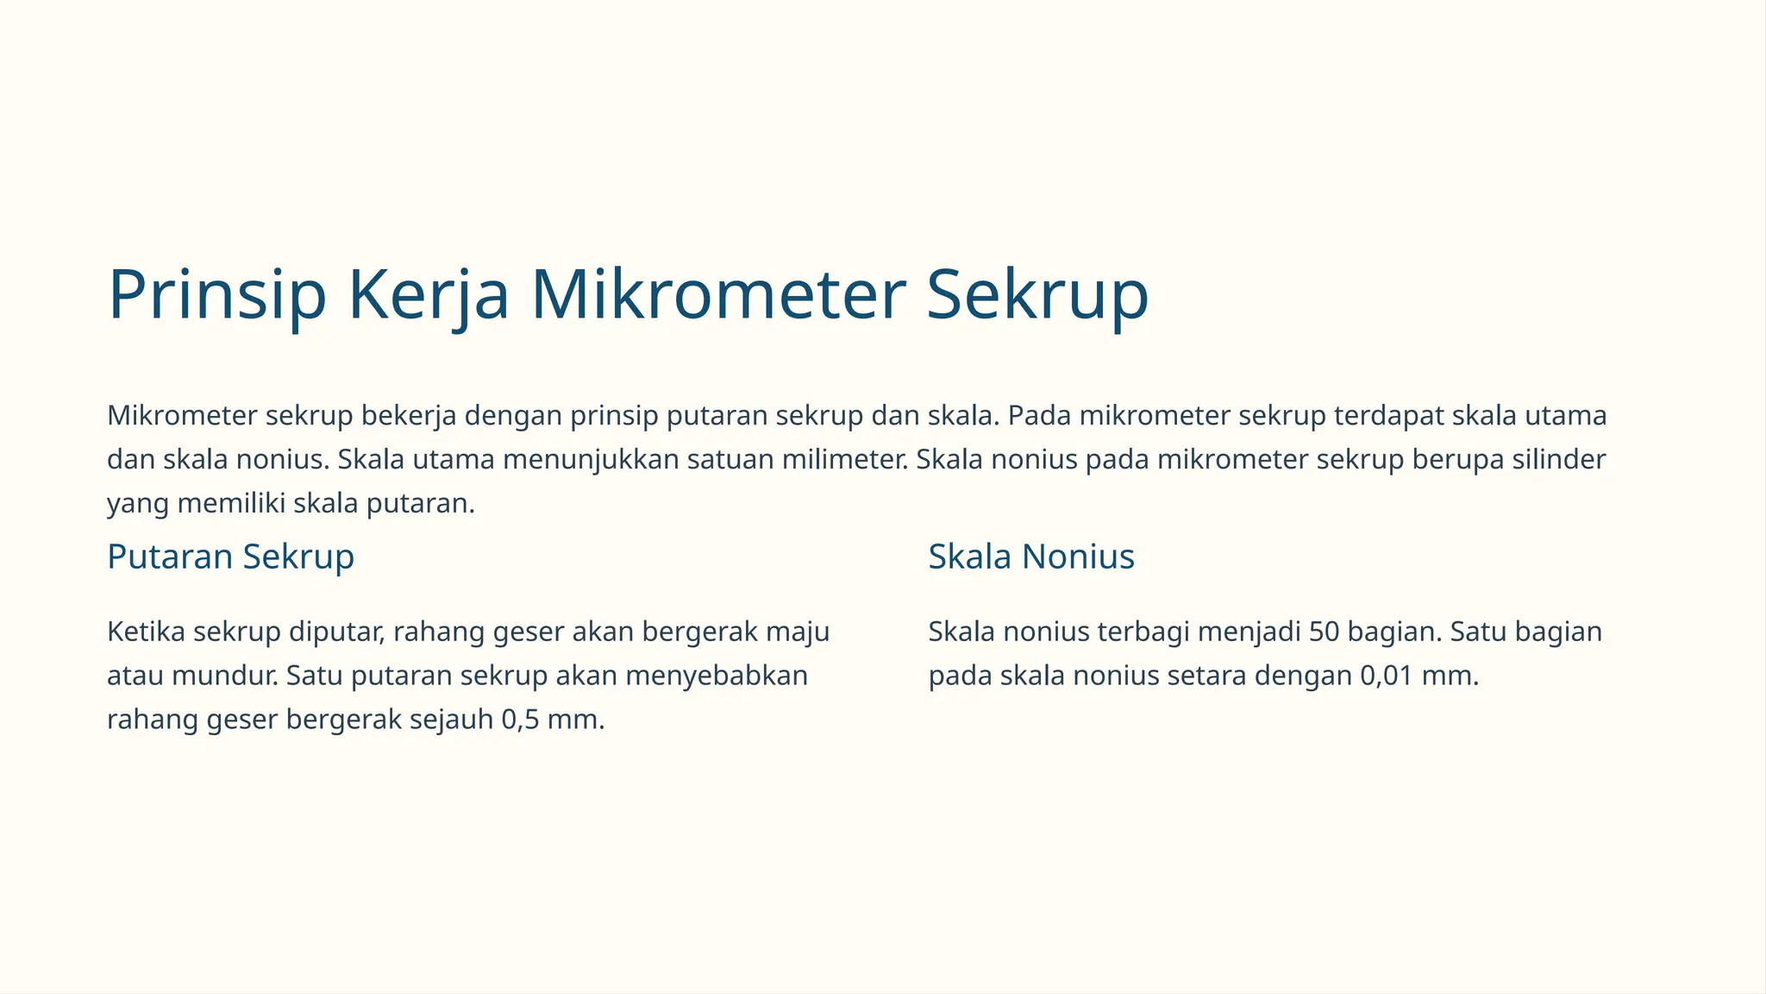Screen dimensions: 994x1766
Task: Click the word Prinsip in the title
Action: (216, 295)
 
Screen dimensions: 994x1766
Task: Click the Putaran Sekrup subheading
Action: (230, 557)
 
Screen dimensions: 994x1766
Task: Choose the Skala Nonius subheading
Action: (1030, 557)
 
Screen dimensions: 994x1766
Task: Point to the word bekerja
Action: (409, 416)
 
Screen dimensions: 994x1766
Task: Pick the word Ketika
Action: (146, 632)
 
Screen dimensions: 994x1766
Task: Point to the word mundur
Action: (224, 676)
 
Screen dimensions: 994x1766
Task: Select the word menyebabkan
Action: (717, 676)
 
